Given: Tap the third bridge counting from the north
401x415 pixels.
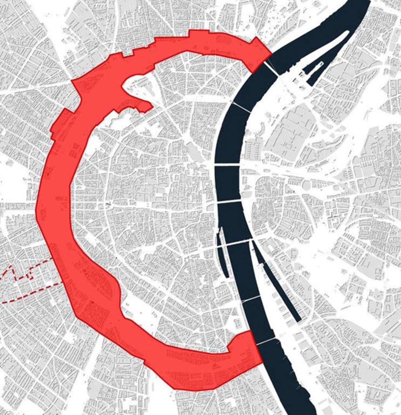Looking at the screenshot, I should pyautogui.click(x=227, y=164).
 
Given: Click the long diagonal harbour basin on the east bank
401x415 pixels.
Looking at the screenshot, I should pyautogui.click(x=278, y=282).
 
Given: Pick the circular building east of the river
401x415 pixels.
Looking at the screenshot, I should pyautogui.click(x=306, y=185).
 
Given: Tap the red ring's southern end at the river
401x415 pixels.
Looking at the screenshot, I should pyautogui.click(x=253, y=349).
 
